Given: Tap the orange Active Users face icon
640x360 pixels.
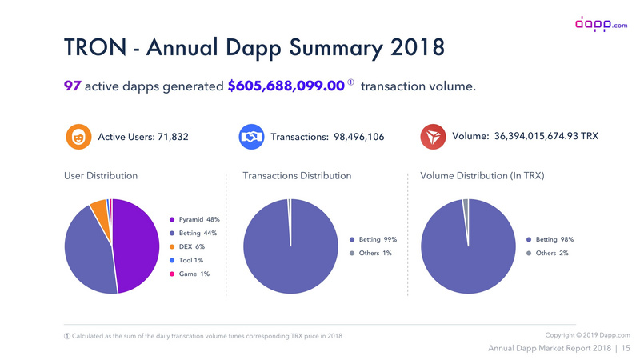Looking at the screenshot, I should coord(77,137).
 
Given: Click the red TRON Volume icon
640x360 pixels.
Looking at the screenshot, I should coord(433,137).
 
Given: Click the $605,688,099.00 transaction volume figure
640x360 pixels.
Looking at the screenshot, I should coord(286,85).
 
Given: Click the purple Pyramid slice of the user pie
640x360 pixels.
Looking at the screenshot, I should coord(138,248).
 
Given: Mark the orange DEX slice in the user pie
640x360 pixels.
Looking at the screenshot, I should coord(98,210).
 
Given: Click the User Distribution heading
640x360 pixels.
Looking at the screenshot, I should coord(101,175).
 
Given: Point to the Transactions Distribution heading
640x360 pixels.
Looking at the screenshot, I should coord(297,175).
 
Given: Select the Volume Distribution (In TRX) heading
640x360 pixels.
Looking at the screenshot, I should coord(482,175).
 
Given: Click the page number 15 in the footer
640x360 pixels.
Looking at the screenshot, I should coord(626,348).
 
